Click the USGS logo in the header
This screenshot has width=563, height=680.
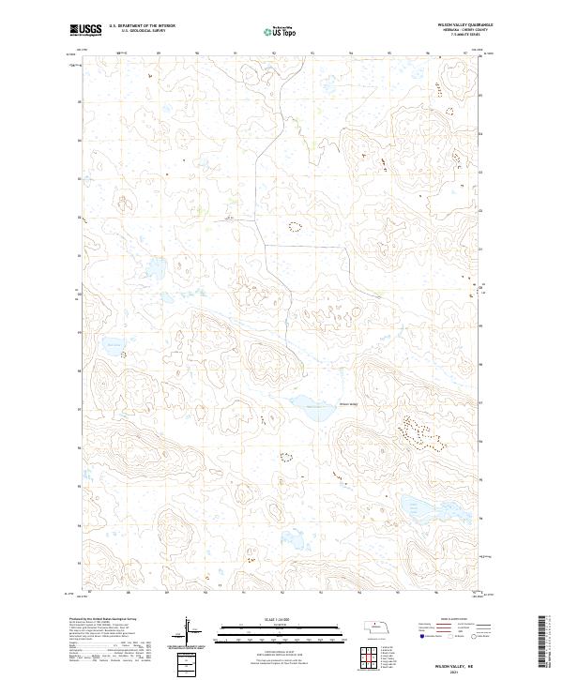coord(85,30)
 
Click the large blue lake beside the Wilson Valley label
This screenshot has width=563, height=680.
coord(307,404)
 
